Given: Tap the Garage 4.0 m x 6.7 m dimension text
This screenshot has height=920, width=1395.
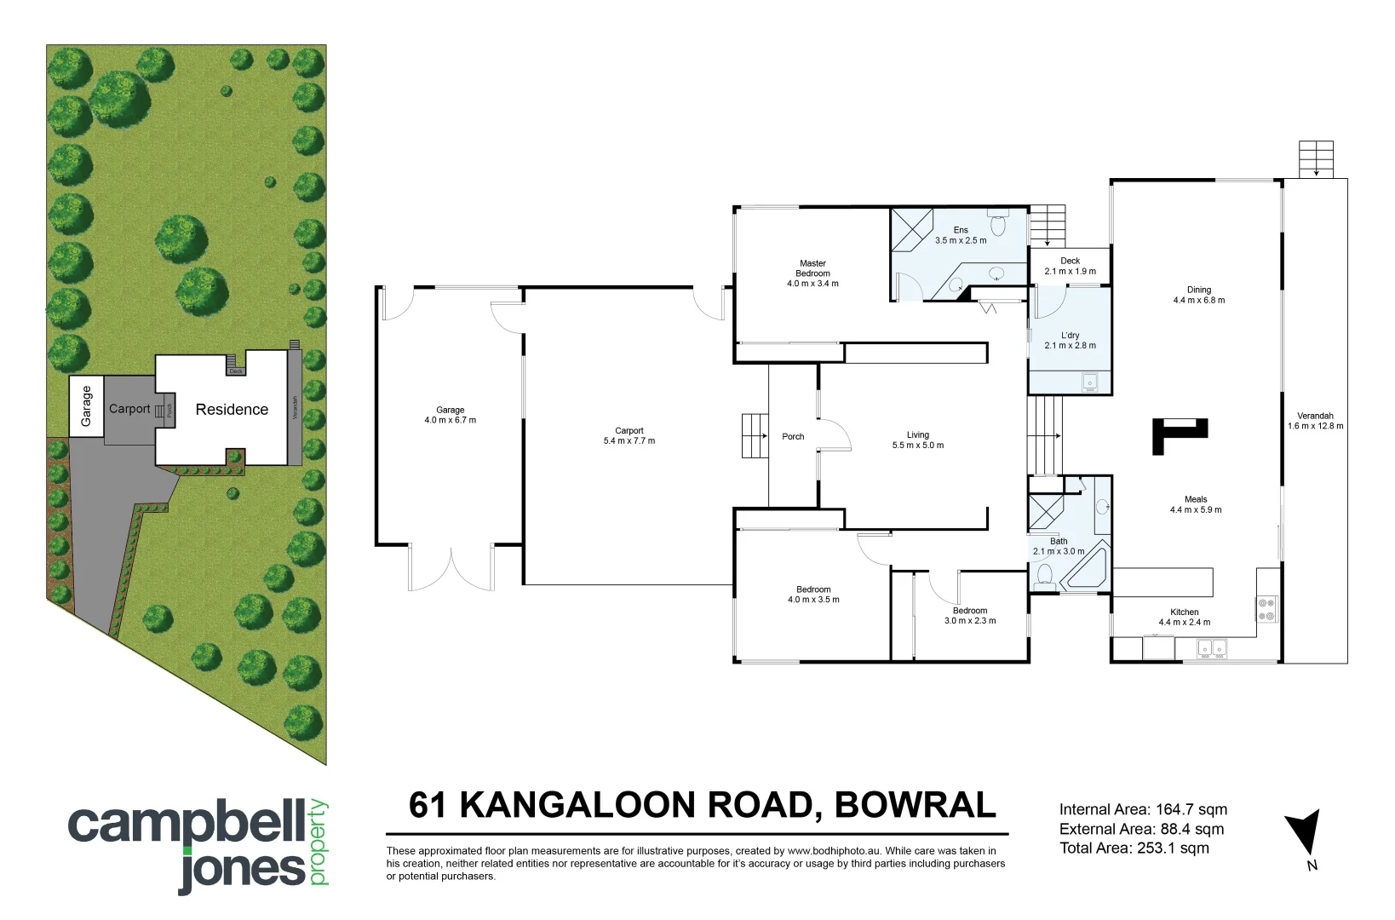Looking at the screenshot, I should point(451,420).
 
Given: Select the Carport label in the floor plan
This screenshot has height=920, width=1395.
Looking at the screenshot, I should point(629,431).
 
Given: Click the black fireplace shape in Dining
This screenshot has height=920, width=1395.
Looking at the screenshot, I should point(1178,433).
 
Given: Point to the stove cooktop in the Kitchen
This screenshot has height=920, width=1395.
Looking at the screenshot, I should point(1266,608).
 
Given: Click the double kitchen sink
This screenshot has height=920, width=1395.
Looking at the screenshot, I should point(1212,649).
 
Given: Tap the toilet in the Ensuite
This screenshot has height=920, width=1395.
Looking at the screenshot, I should point(998,225).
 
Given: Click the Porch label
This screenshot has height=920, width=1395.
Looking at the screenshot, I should point(793,437).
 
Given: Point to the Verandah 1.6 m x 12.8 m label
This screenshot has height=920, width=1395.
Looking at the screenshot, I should point(1315,421).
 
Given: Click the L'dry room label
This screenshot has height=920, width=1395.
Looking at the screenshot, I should point(1070,336).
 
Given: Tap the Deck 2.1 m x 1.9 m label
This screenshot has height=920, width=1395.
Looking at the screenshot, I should point(1070,266).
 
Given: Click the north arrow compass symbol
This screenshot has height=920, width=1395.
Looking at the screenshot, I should point(1305,834).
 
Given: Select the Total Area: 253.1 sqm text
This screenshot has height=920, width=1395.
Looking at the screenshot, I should point(1134,848).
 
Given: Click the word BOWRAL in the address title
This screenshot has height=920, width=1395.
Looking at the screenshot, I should point(915,805).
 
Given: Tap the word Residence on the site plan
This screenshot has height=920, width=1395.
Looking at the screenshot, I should point(232,410).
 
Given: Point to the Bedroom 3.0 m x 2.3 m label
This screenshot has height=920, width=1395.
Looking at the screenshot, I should point(969,615).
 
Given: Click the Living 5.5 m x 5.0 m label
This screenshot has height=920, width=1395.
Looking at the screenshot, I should point(917,440).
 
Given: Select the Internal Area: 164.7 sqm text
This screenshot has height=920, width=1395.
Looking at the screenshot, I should point(1143,810).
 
